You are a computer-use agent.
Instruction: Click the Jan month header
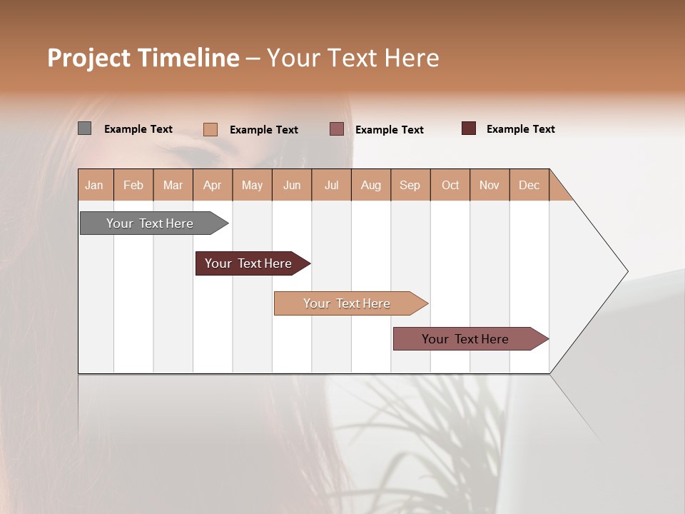tap(95, 185)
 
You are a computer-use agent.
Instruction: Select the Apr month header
tap(213, 185)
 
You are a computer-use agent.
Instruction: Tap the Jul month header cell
tap(331, 185)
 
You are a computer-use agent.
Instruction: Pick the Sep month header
tap(410, 185)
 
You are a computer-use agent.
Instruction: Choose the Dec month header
tap(529, 185)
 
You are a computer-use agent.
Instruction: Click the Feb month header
tap(133, 185)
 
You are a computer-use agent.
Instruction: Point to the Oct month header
tap(450, 185)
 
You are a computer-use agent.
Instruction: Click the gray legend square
tap(85, 128)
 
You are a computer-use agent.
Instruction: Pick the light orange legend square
tap(210, 129)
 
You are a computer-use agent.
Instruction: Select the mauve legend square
tap(337, 128)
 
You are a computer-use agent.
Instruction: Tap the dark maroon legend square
tap(469, 128)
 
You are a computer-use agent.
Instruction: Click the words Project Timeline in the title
tap(143, 58)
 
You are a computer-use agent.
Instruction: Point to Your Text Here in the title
tap(352, 58)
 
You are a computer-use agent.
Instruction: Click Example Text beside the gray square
tap(138, 129)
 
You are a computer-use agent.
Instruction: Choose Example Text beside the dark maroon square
tap(520, 129)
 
